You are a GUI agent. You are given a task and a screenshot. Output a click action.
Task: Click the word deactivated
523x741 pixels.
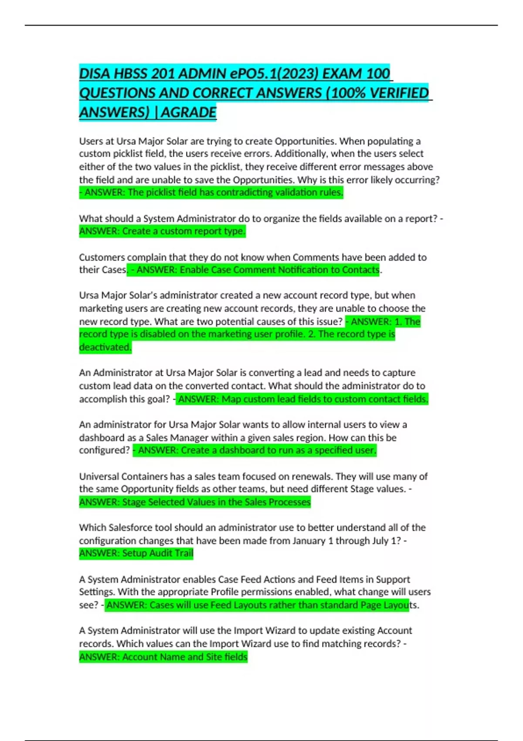[105, 347]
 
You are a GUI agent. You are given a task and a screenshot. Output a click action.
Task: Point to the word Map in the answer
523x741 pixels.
[231, 399]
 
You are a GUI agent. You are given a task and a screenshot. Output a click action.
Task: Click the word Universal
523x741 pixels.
[99, 476]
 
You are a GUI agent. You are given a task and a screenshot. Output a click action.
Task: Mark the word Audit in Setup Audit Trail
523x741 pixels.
[161, 554]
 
